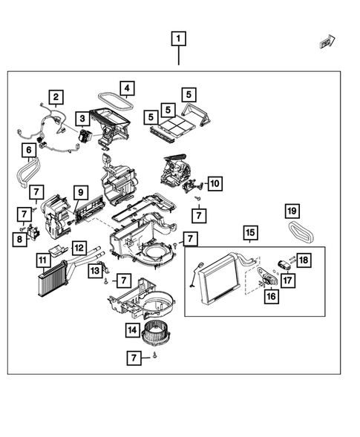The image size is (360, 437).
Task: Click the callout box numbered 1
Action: tap(178, 39)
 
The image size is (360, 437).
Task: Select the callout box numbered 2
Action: tap(56, 97)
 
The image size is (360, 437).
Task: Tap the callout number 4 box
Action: tap(127, 88)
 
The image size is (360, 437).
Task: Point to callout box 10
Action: tap(215, 184)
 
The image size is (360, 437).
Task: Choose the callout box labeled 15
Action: tap(250, 232)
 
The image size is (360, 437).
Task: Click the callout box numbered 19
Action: tap(292, 211)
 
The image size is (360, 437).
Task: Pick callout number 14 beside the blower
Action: tap(132, 330)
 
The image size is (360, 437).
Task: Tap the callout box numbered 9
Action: tap(81, 193)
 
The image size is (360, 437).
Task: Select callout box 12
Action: tap(79, 248)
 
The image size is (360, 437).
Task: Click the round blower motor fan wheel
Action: tap(154, 333)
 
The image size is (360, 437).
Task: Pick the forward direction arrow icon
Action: tap(327, 42)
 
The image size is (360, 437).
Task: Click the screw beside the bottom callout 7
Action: tap(154, 355)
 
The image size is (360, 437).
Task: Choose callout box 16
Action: tap(272, 296)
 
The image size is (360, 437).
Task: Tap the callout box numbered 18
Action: tap(304, 260)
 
